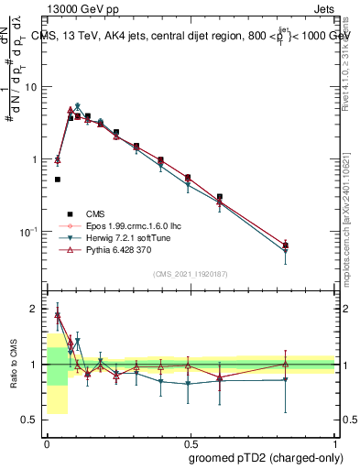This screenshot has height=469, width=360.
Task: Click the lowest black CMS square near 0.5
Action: click(x=58, y=180)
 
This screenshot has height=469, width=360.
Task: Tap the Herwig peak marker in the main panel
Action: click(x=78, y=106)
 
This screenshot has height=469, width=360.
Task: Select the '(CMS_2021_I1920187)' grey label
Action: click(x=190, y=273)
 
